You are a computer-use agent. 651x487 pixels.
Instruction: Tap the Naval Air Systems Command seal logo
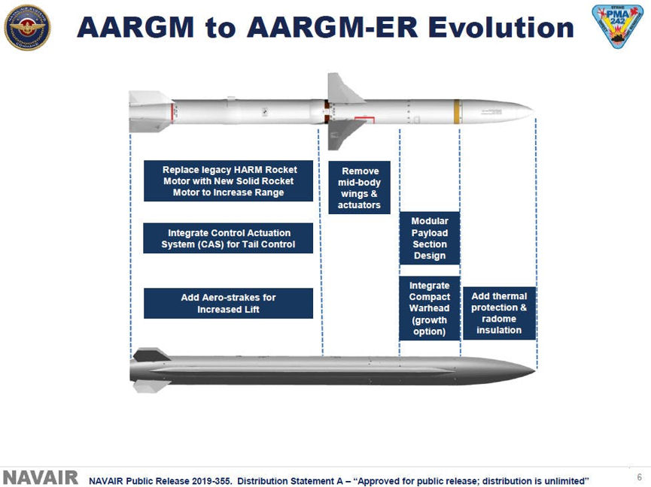tap(28, 27)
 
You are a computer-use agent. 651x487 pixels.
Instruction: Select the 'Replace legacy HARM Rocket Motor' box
tap(228, 181)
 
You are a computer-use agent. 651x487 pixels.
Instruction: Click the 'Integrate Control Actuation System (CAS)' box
tap(228, 238)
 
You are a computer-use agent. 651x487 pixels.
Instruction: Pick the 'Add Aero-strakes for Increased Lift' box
tap(228, 303)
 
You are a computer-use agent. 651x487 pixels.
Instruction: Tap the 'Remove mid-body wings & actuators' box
tap(359, 188)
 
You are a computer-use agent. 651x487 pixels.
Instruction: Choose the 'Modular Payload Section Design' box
tap(429, 238)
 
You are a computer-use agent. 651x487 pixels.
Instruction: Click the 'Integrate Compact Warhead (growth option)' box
tap(429, 308)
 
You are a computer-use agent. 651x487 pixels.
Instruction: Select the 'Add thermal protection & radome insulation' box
tap(498, 313)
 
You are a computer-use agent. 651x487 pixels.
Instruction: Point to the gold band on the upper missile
tap(456, 110)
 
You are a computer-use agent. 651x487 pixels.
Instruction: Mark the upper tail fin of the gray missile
tap(150, 353)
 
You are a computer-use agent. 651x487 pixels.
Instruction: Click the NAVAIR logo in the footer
tap(41, 478)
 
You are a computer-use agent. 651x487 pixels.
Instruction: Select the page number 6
tap(640, 477)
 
